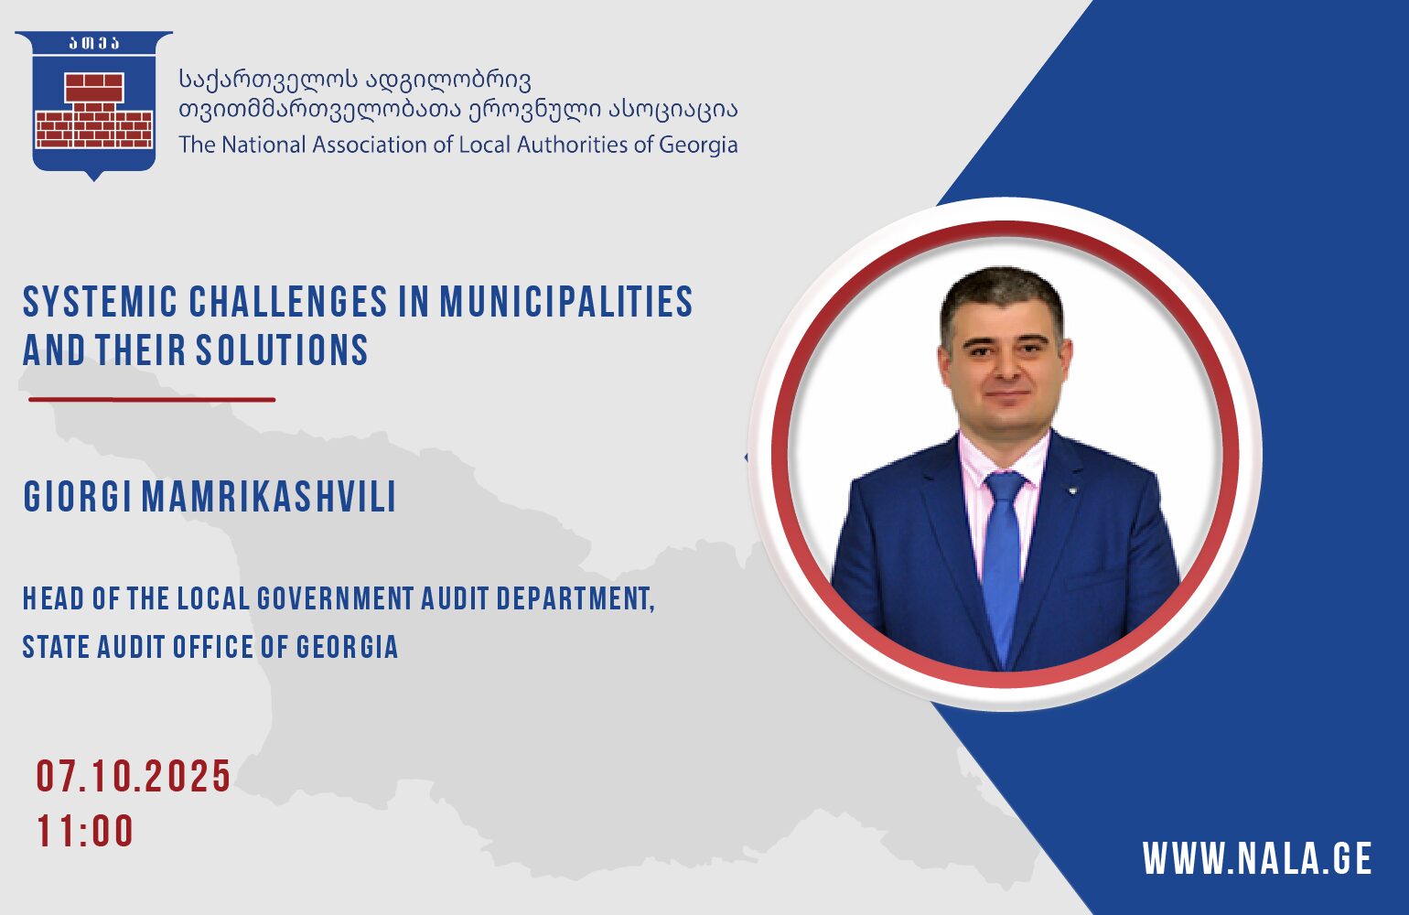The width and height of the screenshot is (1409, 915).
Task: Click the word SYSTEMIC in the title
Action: pyautogui.click(x=101, y=301)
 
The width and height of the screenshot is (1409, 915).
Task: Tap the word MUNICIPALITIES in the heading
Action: pyautogui.click(x=566, y=301)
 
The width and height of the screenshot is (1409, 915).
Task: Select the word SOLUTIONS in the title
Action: pyautogui.click(x=282, y=350)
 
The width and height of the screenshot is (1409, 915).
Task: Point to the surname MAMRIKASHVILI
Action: pyautogui.click(x=269, y=497)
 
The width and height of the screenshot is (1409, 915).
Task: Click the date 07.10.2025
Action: pyautogui.click(x=134, y=776)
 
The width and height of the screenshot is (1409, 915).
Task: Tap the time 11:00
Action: pyautogui.click(x=85, y=831)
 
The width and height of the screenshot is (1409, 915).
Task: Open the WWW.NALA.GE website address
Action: pyautogui.click(x=1257, y=857)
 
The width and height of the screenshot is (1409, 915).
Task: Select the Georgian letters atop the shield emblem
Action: pyautogui.click(x=94, y=43)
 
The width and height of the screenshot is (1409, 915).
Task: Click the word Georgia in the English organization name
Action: pyautogui.click(x=698, y=145)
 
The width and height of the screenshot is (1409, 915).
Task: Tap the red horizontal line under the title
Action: pyautogui.click(x=152, y=399)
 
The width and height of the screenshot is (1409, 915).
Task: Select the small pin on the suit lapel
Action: pyautogui.click(x=1074, y=490)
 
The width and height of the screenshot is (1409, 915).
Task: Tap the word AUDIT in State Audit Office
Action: pyautogui.click(x=131, y=647)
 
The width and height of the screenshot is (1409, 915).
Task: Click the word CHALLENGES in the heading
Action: pyautogui.click(x=288, y=301)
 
